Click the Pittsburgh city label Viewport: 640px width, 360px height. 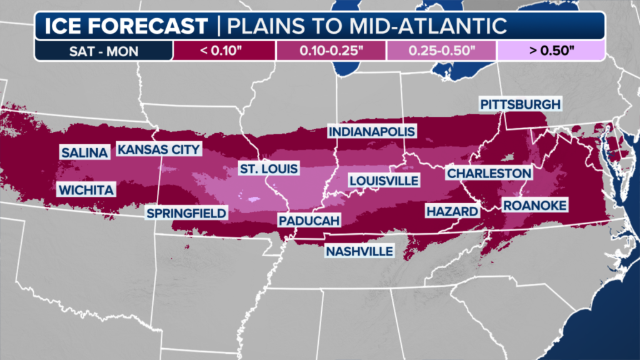click(x=520, y=104)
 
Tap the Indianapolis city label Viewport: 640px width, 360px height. click(x=372, y=132)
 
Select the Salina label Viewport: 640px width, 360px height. click(x=85, y=152)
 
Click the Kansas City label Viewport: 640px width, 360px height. click(x=159, y=149)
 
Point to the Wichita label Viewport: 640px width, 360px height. click(x=87, y=190)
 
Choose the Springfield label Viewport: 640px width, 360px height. click(x=186, y=214)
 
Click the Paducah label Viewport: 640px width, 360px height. click(x=309, y=221)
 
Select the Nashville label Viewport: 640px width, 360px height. click(x=359, y=251)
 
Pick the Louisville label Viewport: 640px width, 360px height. click(x=384, y=181)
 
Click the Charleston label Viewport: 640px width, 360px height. click(x=489, y=173)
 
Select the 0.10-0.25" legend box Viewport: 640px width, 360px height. click(x=332, y=50)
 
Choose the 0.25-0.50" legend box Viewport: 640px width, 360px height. click(x=441, y=50)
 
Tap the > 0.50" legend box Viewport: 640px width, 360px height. click(x=551, y=50)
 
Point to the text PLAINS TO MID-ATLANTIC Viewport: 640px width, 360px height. click(x=366, y=26)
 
